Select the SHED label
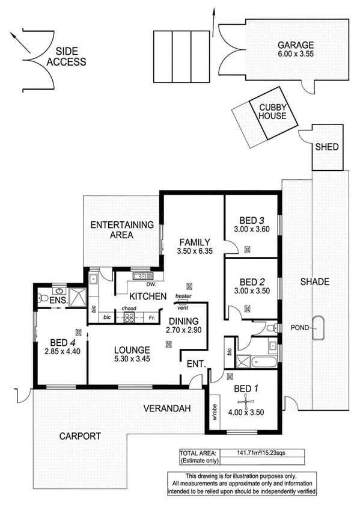point(327,147)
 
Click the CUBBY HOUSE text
point(272,112)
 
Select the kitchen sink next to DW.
point(139,277)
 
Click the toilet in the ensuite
point(43,298)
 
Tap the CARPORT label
point(80,436)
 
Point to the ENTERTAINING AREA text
point(122,230)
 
